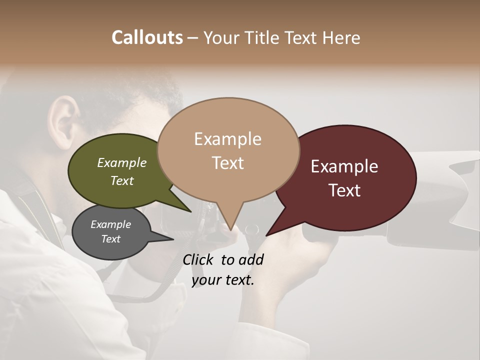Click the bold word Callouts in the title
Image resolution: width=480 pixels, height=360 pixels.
pyautogui.click(x=147, y=37)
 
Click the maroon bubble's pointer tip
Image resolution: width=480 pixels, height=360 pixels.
pyautogui.click(x=267, y=235)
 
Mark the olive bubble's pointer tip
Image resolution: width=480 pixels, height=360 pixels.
pyautogui.click(x=190, y=212)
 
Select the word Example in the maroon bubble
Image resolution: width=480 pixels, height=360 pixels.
pyautogui.click(x=344, y=166)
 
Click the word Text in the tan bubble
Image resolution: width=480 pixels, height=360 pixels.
pyautogui.click(x=228, y=162)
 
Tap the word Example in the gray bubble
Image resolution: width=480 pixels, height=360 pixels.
pyautogui.click(x=110, y=224)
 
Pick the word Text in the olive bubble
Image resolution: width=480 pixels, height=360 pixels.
pyautogui.click(x=122, y=180)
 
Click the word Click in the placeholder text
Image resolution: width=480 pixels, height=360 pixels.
pyautogui.click(x=199, y=259)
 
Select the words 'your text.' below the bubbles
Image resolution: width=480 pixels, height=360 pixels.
pyautogui.click(x=223, y=280)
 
